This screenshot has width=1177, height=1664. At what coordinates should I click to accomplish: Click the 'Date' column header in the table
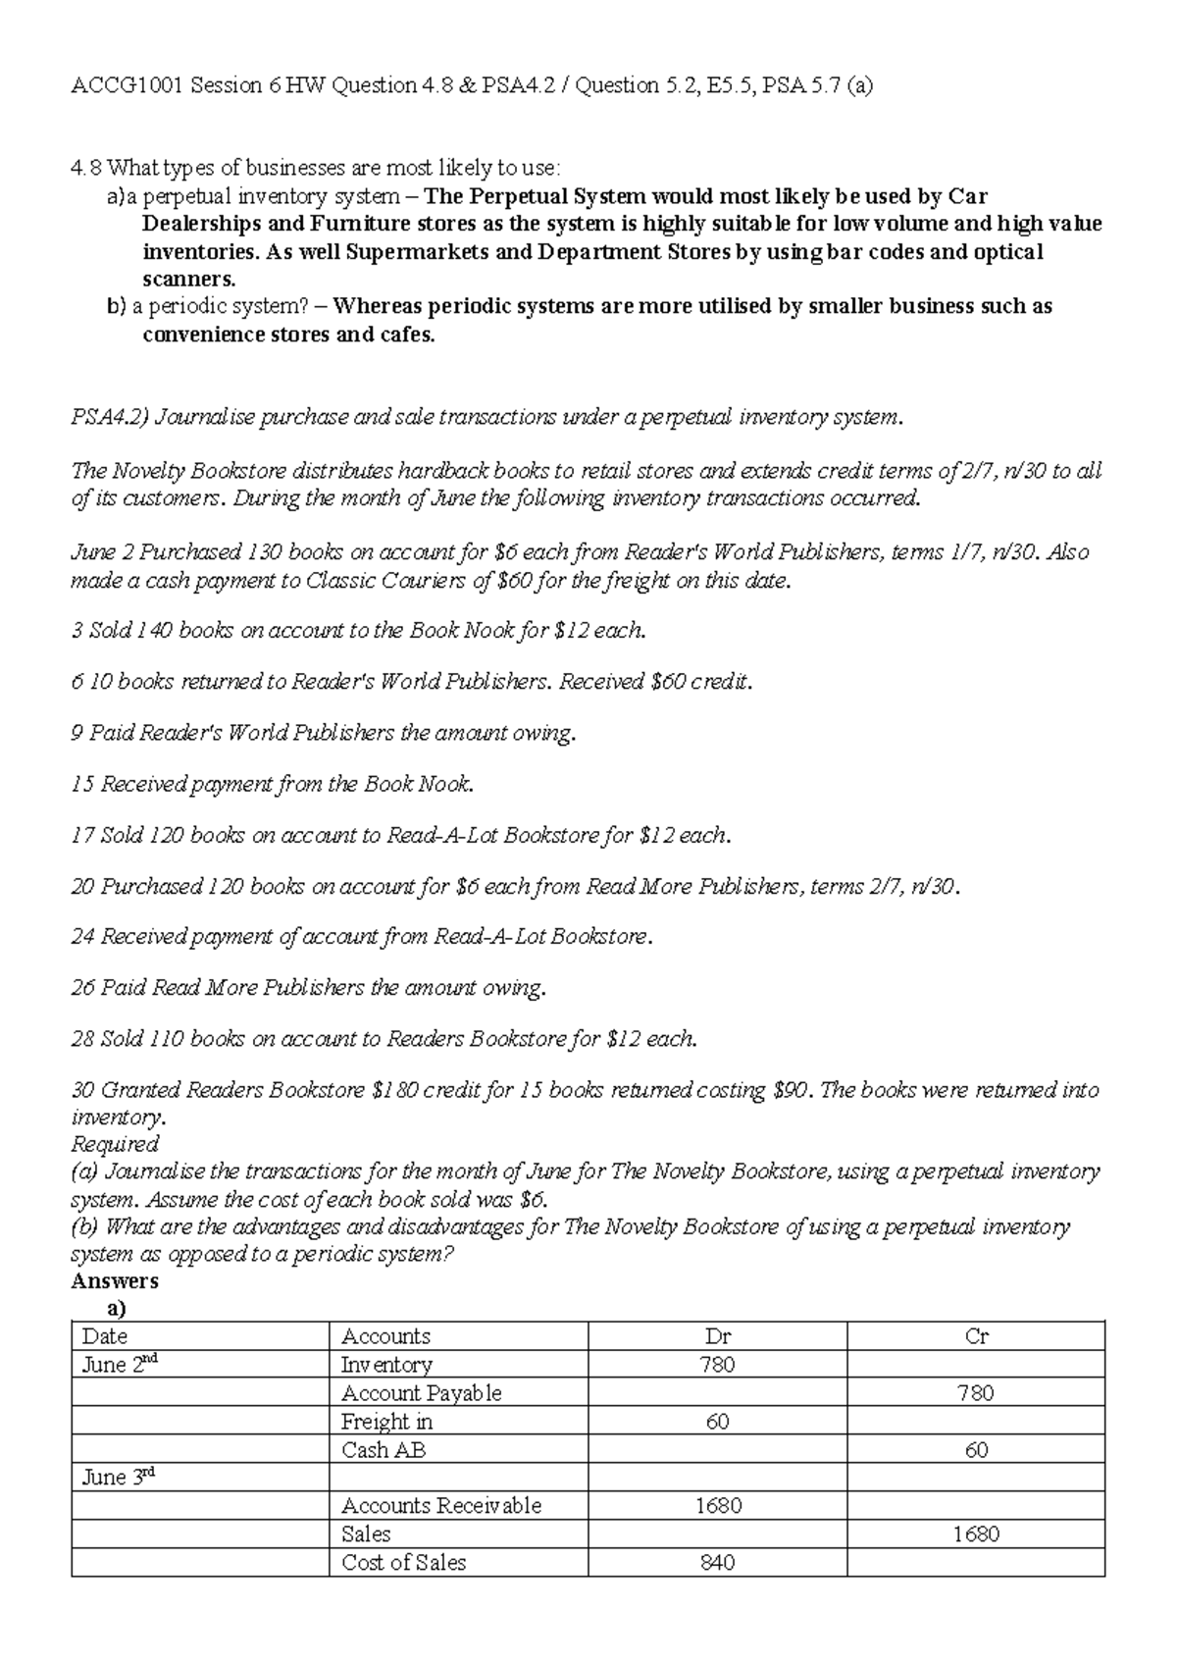coord(105,1336)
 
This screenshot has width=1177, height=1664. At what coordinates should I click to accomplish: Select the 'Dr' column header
coord(718,1336)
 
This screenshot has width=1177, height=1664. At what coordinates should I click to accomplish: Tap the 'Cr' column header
coord(976,1336)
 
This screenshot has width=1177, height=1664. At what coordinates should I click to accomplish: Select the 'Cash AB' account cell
coord(383,1450)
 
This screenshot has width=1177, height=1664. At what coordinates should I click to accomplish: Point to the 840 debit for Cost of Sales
coord(718,1563)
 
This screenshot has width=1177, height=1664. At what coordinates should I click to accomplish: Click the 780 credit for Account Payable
coord(976,1393)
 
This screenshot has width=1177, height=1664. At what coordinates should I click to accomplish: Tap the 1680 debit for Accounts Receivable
coord(718,1506)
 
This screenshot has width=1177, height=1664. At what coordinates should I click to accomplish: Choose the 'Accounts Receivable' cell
coord(440,1506)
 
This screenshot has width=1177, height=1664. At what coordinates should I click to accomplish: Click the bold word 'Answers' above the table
coord(115,1281)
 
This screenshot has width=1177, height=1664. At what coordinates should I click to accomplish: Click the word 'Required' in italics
coord(115,1144)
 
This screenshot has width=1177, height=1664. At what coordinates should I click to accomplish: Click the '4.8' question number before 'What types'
coord(86,169)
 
